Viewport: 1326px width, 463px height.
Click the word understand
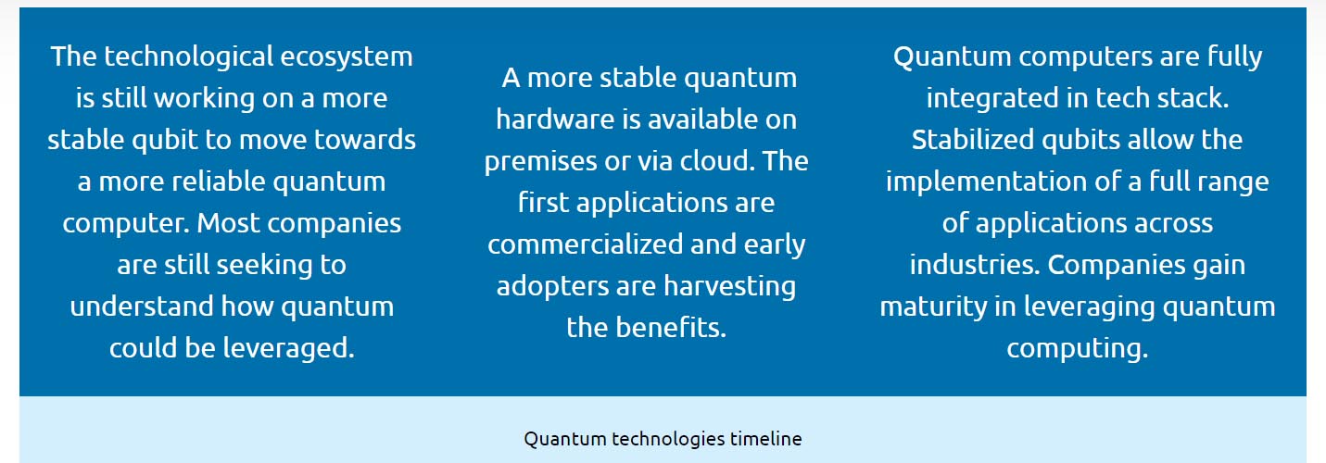point(142,307)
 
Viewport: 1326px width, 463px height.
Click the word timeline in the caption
point(765,439)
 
